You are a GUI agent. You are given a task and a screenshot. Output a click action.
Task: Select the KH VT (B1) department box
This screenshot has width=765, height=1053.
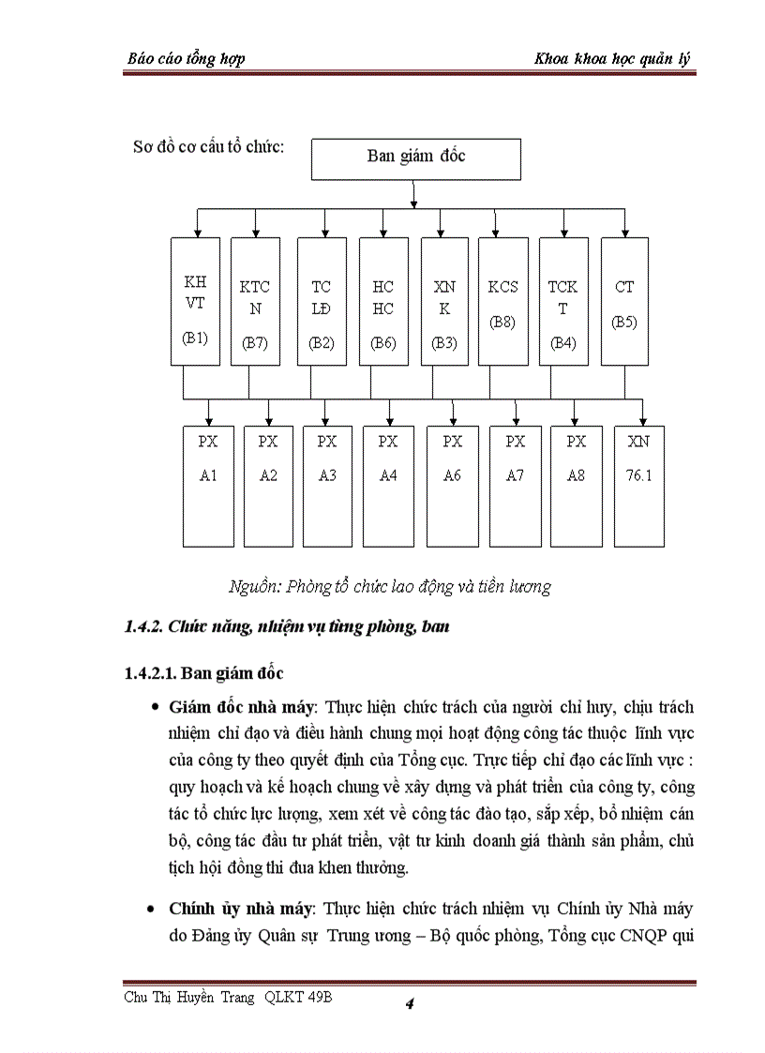[195, 301]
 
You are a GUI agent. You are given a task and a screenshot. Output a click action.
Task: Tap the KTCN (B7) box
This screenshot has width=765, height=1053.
[254, 301]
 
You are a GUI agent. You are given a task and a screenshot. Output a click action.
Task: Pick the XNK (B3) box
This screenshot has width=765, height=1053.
[444, 301]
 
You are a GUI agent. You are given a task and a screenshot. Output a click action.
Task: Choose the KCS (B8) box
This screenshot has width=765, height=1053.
[502, 301]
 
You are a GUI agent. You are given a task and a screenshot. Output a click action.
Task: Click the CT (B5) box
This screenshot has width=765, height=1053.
[624, 301]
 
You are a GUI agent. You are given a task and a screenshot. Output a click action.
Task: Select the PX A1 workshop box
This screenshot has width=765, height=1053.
[208, 486]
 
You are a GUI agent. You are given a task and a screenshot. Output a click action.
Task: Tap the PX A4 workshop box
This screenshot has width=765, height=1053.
[388, 486]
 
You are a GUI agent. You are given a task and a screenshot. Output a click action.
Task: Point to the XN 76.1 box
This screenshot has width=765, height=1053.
[639, 486]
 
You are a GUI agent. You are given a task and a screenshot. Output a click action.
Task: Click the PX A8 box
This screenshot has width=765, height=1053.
[576, 486]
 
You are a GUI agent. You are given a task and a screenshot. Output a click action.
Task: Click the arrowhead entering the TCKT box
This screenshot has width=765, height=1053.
[563, 232]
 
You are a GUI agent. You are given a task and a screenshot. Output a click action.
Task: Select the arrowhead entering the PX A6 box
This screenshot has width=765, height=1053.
[453, 420]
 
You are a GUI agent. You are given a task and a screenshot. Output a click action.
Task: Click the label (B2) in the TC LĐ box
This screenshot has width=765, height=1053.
[322, 343]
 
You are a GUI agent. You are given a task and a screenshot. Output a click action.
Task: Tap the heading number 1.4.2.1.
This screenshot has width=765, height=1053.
[150, 673]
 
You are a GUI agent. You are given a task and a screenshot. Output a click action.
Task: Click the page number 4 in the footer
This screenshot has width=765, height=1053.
[410, 1005]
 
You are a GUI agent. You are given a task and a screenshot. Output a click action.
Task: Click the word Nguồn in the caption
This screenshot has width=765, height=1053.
[252, 587]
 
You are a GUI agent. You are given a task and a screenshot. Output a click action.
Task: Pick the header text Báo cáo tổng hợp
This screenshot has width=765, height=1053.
[186, 59]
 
